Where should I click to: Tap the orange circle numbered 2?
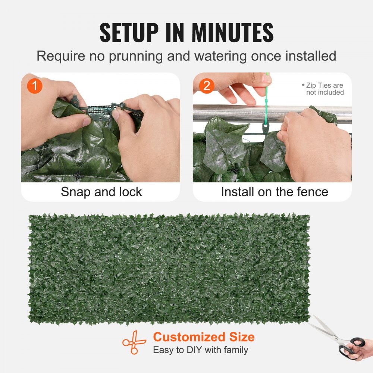207,86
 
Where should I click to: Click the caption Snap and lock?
101,192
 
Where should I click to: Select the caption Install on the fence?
274,192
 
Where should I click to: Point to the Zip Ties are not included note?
323,89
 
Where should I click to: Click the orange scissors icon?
134,342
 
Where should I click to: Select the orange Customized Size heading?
204,337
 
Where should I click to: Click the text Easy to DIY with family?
200,350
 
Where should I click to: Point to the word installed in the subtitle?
308,56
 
